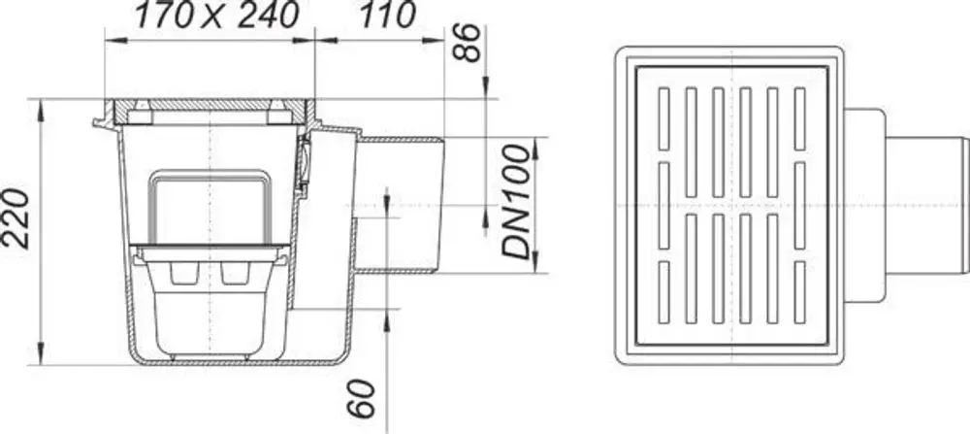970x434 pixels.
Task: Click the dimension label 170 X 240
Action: [217, 17]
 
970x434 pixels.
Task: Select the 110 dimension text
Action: [389, 17]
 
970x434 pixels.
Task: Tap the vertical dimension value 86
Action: [468, 43]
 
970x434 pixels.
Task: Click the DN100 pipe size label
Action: [517, 201]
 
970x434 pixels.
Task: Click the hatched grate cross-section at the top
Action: [210, 105]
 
